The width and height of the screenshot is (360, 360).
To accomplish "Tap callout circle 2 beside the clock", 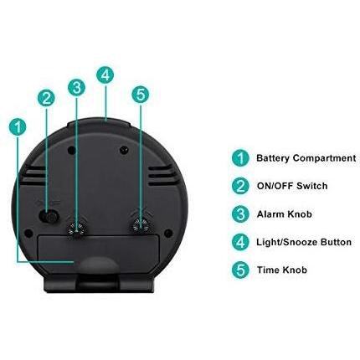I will [x=46, y=98].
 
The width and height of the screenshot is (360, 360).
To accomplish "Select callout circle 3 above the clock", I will [x=76, y=87].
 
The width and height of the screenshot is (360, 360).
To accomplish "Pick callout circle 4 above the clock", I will [x=105, y=75].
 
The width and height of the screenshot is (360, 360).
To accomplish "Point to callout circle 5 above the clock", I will [x=140, y=95].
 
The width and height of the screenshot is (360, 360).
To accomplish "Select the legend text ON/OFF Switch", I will [x=291, y=186].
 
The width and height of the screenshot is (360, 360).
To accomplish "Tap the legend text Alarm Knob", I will [x=283, y=214].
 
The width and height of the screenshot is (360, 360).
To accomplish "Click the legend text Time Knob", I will [x=281, y=270].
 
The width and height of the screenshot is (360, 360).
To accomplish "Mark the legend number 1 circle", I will [x=240, y=157].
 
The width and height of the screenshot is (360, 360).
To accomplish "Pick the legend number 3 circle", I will [x=240, y=214].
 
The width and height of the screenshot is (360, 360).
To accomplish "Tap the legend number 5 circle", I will [x=240, y=270].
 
